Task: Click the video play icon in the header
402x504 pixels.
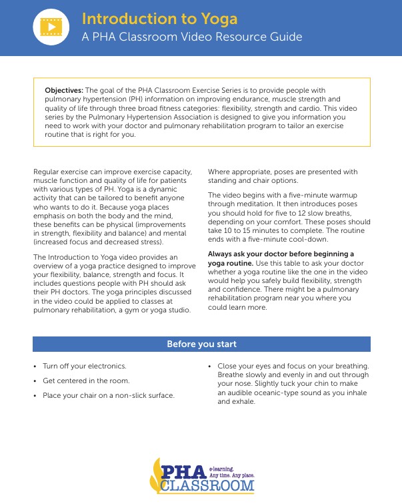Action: [52, 27]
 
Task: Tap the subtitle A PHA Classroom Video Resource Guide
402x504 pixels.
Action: [191, 37]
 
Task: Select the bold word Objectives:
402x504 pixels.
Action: [64, 89]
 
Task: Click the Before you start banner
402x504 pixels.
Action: [201, 344]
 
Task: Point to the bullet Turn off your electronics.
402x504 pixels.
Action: [85, 366]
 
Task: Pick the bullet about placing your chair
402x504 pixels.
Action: [109, 395]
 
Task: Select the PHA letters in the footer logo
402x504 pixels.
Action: [183, 470]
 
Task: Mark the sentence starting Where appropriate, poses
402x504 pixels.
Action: [283, 172]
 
